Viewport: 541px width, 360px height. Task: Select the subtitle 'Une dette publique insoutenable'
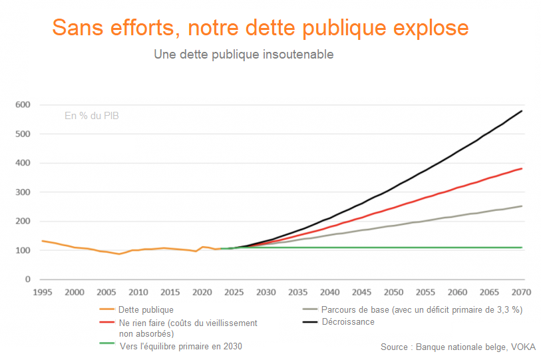coord(244,55)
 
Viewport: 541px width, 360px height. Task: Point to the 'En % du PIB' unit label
coord(92,116)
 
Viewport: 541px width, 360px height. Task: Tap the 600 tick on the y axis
coord(23,105)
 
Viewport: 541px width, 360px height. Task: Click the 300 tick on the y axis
coord(23,192)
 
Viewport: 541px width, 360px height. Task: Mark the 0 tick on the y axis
coord(28,279)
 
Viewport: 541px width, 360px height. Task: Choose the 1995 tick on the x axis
coord(43,292)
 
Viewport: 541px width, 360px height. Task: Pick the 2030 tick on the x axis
coord(266,292)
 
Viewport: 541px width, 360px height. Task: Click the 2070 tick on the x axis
coord(522,292)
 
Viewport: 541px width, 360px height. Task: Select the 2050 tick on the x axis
coord(394,292)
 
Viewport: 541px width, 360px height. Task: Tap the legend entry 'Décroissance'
coord(347,322)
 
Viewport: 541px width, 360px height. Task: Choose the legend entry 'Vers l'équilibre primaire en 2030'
coord(180,346)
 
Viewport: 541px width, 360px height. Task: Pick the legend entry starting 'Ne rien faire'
coord(187,327)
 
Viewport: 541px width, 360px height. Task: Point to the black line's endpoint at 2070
coord(522,110)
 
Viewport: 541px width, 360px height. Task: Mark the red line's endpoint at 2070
coord(522,168)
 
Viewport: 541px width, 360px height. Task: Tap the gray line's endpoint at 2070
coord(522,206)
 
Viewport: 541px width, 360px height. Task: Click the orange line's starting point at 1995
coord(43,241)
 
